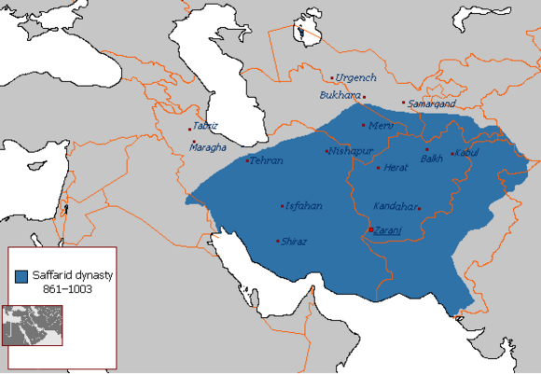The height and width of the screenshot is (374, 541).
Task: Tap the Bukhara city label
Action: [338, 95]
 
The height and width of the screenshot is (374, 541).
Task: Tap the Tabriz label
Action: [205, 127]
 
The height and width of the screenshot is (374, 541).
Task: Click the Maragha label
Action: [208, 147]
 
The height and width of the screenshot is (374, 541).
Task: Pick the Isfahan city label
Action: [303, 205]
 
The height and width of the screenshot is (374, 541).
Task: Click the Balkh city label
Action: [432, 159]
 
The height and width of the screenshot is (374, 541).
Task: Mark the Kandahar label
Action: [392, 205]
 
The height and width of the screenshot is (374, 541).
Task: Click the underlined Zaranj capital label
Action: [389, 230]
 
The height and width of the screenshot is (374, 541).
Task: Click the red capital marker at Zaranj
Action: [370, 229]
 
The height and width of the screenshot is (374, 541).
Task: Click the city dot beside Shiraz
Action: [278, 241]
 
